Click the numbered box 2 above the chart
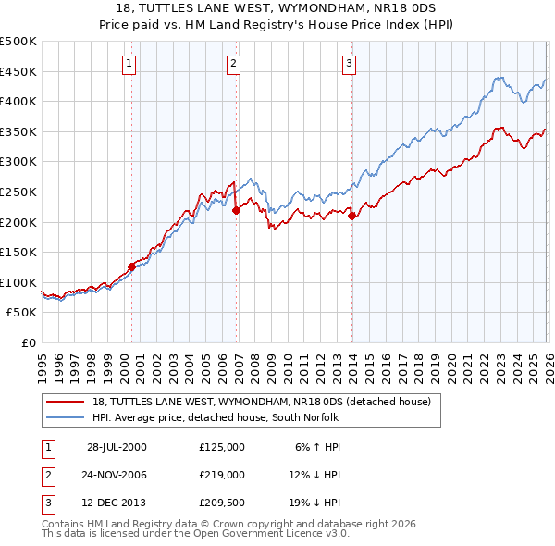click(x=233, y=64)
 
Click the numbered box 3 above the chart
click(x=349, y=64)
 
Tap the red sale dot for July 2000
click(x=131, y=267)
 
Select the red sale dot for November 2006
click(x=236, y=210)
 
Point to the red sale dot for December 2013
click(x=351, y=216)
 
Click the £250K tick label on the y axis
click(x=18, y=192)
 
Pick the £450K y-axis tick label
click(x=18, y=71)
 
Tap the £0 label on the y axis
click(x=28, y=342)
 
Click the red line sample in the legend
click(x=66, y=402)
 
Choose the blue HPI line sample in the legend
click(x=66, y=417)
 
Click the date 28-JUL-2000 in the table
click(x=117, y=446)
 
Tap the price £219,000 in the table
click(x=221, y=475)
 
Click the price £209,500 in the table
click(x=221, y=503)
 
